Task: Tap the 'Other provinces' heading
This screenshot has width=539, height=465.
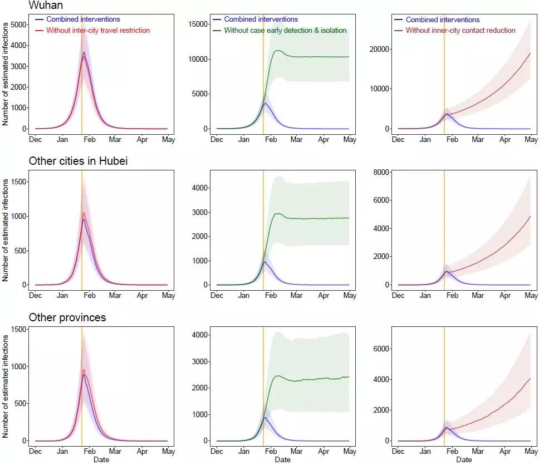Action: pyautogui.click(x=67, y=318)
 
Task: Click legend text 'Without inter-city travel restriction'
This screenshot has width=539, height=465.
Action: pyautogui.click(x=98, y=30)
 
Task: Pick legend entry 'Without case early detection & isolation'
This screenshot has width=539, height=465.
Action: pyautogui.click(x=285, y=30)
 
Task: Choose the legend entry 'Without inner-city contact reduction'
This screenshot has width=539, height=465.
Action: pyautogui.click(x=460, y=30)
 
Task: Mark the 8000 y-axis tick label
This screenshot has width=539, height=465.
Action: pyautogui.click(x=381, y=172)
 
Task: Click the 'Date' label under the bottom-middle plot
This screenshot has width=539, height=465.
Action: pyautogui.click(x=282, y=460)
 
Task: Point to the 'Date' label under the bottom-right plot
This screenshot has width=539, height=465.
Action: pyautogui.click(x=464, y=460)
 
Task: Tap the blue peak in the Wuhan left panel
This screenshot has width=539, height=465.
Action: pyautogui.click(x=84, y=52)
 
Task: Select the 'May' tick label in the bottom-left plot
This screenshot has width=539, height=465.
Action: pyautogui.click(x=168, y=452)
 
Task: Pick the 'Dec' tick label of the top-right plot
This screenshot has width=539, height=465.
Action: pyautogui.click(x=398, y=139)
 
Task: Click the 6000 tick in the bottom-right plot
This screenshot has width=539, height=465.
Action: pyautogui.click(x=381, y=349)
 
